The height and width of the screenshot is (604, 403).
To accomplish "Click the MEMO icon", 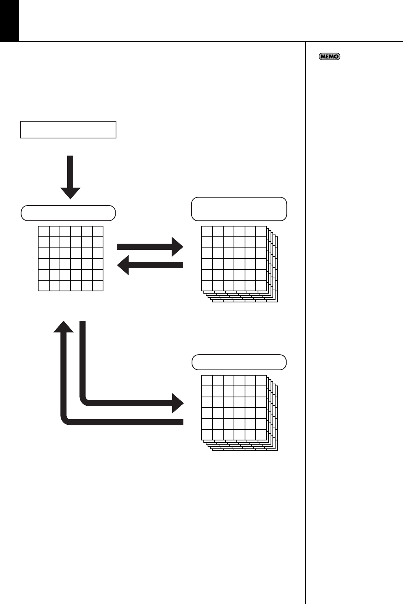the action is point(329,56).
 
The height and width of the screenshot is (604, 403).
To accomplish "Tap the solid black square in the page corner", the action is point(9,20).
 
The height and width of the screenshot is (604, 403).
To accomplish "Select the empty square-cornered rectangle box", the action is point(68,130).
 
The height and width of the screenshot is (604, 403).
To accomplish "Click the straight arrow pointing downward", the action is point(70,177).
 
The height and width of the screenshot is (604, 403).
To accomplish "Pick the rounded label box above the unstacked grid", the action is point(68,213).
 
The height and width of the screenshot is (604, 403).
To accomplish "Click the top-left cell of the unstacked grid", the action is point(44,231).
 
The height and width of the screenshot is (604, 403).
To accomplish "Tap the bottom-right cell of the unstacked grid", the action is point(98,286).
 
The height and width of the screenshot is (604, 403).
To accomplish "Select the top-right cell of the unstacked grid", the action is point(98,231).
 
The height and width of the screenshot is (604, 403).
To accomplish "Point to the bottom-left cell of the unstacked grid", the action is point(44,286).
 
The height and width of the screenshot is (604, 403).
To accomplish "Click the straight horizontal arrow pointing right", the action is point(150,246).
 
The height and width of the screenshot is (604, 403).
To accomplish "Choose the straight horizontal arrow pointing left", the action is point(150,265).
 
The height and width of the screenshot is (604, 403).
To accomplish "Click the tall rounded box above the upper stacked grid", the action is point(239,209).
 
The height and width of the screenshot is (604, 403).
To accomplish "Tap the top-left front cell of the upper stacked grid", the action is point(207,231).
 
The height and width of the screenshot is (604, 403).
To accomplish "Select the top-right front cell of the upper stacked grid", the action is point(261,231).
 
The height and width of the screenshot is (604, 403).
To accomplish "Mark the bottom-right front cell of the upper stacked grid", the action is point(261,286).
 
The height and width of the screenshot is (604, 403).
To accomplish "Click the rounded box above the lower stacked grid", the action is point(239,362).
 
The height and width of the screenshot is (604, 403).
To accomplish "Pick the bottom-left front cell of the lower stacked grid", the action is point(207,435).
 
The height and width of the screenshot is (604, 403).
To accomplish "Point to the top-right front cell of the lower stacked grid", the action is point(261,381).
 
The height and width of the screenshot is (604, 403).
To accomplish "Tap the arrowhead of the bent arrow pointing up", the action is point(63,327).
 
